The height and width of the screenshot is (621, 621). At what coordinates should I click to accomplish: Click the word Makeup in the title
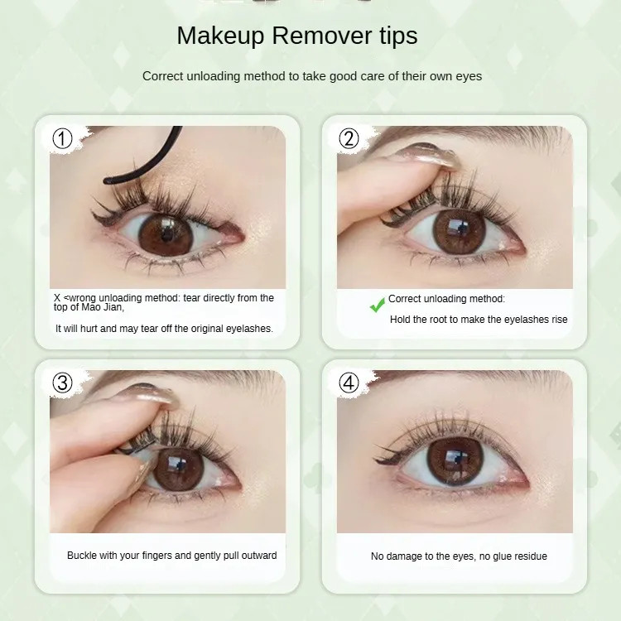(x=220, y=36)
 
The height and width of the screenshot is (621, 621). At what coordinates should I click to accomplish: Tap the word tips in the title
(x=398, y=36)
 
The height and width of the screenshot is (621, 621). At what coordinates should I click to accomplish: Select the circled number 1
(x=63, y=138)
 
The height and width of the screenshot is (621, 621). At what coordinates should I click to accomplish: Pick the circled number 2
(x=349, y=138)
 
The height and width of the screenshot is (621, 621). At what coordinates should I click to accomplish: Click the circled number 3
(x=63, y=383)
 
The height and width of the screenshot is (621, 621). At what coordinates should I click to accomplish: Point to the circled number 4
(x=349, y=383)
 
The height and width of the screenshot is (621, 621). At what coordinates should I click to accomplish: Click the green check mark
(x=377, y=305)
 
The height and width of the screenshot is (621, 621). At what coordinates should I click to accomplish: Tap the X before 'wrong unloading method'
(x=57, y=298)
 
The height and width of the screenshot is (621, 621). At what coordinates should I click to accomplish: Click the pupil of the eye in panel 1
(x=166, y=235)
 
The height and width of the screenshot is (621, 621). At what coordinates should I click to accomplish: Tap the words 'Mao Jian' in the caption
(x=102, y=307)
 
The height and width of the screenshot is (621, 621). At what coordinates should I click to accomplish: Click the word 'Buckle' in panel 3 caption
(x=82, y=556)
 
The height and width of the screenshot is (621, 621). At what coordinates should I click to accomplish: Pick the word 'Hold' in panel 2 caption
(x=400, y=320)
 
